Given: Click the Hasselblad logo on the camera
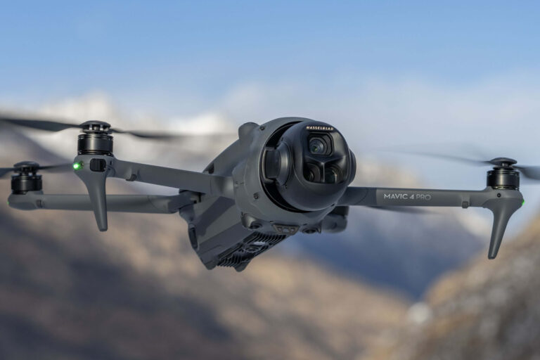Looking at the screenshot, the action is coord(320,129).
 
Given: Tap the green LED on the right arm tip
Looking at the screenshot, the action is coord(523,202).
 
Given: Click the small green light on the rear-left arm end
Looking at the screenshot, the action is coord(8,202).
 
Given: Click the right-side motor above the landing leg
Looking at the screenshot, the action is coord(503,179).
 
